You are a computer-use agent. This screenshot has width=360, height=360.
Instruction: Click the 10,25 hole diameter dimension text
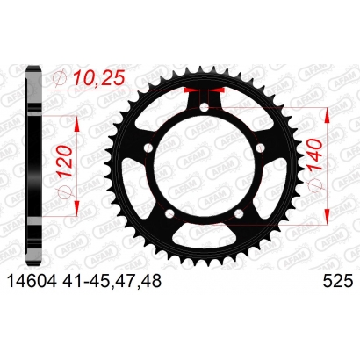point(99,78)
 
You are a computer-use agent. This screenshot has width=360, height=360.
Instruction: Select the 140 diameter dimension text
point(314,155)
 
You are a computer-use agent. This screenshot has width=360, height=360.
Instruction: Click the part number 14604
point(32,281)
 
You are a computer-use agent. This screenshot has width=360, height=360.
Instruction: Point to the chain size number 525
point(337,282)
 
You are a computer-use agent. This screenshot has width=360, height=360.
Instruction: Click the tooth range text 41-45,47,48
point(112,282)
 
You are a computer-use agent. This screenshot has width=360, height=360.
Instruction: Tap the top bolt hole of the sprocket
point(205,108)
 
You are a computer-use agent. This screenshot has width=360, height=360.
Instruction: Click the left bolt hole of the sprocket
point(148,148)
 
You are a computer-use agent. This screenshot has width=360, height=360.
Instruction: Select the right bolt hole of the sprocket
point(260,148)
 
